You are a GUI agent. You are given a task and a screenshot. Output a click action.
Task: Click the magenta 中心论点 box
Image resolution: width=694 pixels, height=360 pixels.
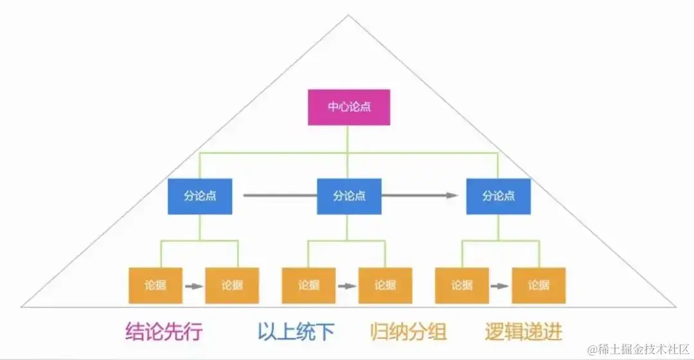coord(349,107)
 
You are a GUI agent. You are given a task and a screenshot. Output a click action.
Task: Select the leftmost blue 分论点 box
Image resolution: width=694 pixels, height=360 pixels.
coord(200,196)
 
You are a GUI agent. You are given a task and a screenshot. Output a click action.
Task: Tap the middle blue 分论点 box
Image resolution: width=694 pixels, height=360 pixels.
coord(349,196)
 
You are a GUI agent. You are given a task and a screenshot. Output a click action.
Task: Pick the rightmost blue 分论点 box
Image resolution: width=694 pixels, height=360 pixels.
coord(499,196)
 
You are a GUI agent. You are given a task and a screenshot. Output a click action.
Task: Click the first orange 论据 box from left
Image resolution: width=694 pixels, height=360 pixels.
coord(155,285)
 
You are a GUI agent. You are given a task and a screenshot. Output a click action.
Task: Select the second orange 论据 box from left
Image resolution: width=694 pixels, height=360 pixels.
coord(232,285)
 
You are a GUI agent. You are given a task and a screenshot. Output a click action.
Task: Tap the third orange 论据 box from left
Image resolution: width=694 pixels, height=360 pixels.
coord(308,285)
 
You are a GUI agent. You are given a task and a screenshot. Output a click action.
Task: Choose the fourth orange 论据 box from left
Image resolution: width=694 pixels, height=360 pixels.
coord(386,285)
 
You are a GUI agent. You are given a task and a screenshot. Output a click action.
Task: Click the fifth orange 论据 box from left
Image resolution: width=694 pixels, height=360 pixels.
coord(462,285)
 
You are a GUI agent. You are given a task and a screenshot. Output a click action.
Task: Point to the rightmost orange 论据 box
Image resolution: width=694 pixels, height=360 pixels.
coord(538,285)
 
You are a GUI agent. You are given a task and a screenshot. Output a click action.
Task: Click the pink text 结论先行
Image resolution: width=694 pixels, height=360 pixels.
coord(164,332)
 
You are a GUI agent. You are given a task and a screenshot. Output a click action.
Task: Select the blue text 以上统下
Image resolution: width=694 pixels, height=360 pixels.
coord(296,332)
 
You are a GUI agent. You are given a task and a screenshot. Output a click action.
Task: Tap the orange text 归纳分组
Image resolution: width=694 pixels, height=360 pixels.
coord(408,332)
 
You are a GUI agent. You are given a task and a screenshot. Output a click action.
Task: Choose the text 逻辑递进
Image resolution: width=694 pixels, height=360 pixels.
coord(524,332)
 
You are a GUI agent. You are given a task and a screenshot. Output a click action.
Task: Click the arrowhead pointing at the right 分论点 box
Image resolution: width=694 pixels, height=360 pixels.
coord(453,196)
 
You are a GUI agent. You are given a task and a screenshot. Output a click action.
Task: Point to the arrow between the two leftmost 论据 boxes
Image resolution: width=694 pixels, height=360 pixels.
coord(193,285)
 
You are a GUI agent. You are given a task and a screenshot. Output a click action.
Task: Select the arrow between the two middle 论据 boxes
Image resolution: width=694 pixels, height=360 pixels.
coord(347,285)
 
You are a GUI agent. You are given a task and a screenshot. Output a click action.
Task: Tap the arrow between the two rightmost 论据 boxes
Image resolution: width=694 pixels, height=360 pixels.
coord(501,285)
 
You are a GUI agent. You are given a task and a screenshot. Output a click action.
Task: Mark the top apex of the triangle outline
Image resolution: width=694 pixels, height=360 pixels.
coord(348,15)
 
